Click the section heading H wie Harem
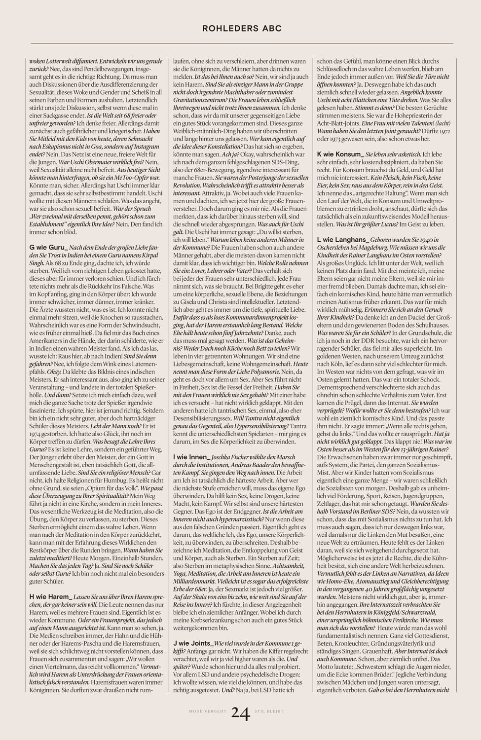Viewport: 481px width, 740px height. (x=51, y=596)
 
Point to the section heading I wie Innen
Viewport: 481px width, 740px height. (x=192, y=457)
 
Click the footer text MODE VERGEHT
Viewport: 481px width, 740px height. (x=208, y=712)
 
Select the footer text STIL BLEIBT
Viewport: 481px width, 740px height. (x=269, y=712)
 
